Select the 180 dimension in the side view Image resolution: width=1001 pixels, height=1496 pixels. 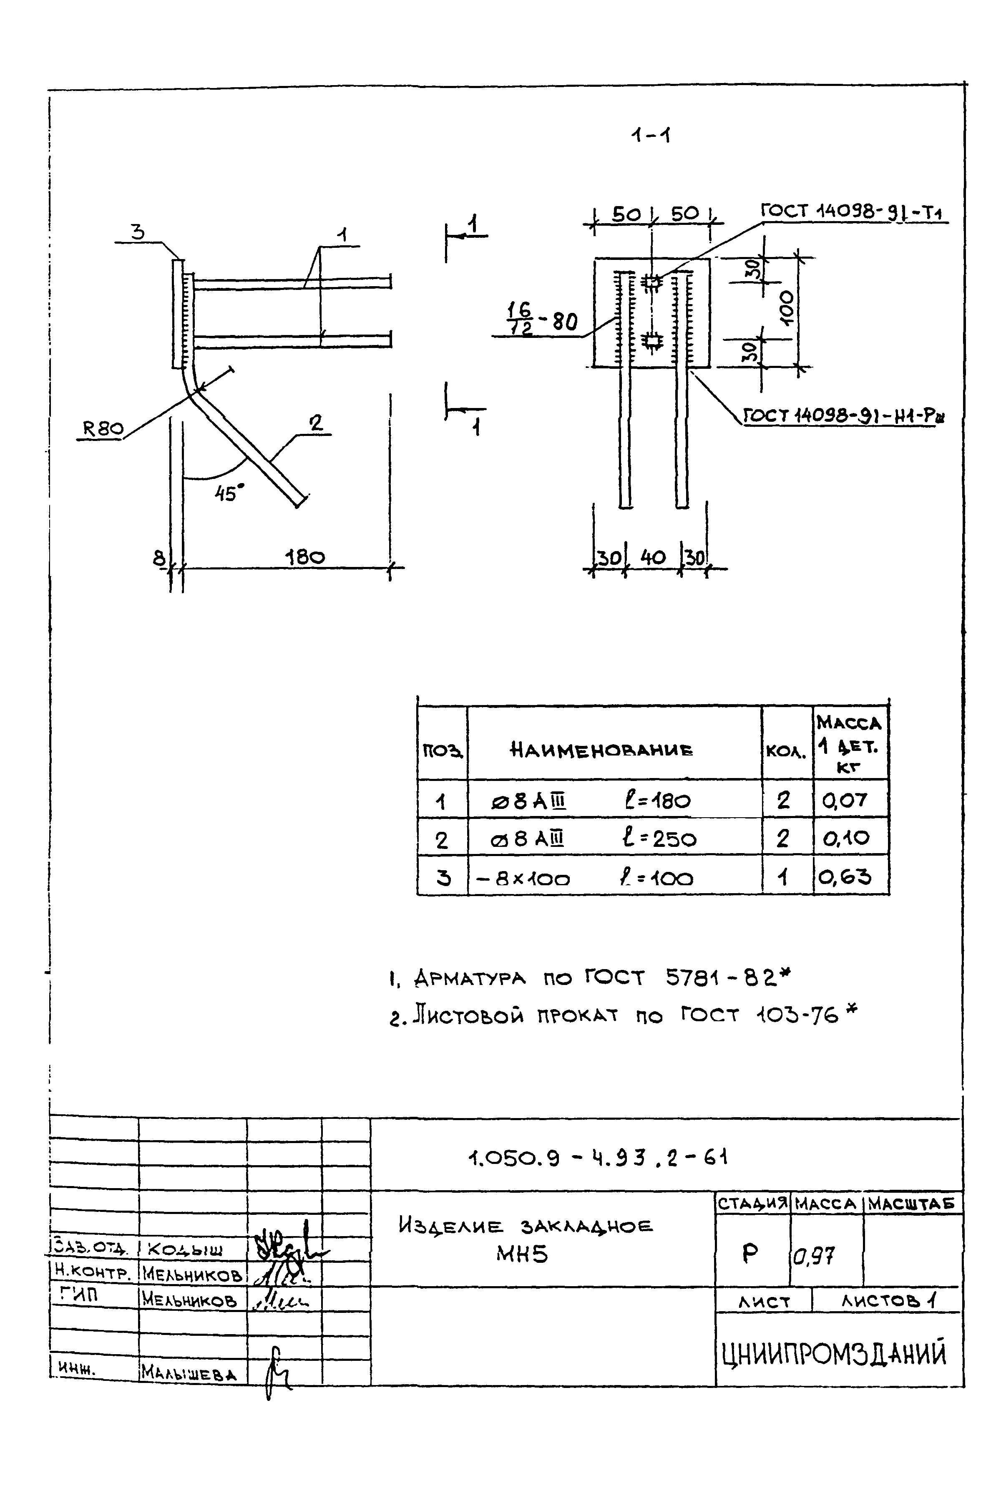[x=304, y=557]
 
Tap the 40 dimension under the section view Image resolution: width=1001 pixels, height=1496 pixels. [x=652, y=557]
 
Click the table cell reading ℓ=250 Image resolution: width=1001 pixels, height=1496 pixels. [x=659, y=839]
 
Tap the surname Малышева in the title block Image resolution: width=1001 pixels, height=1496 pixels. [x=189, y=1373]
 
